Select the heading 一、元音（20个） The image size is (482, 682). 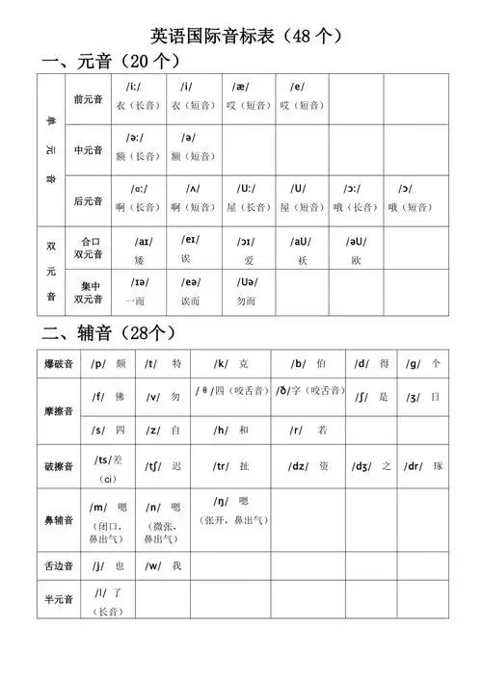(112, 62)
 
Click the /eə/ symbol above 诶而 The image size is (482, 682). (191, 282)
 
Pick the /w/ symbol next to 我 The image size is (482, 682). (152, 566)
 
